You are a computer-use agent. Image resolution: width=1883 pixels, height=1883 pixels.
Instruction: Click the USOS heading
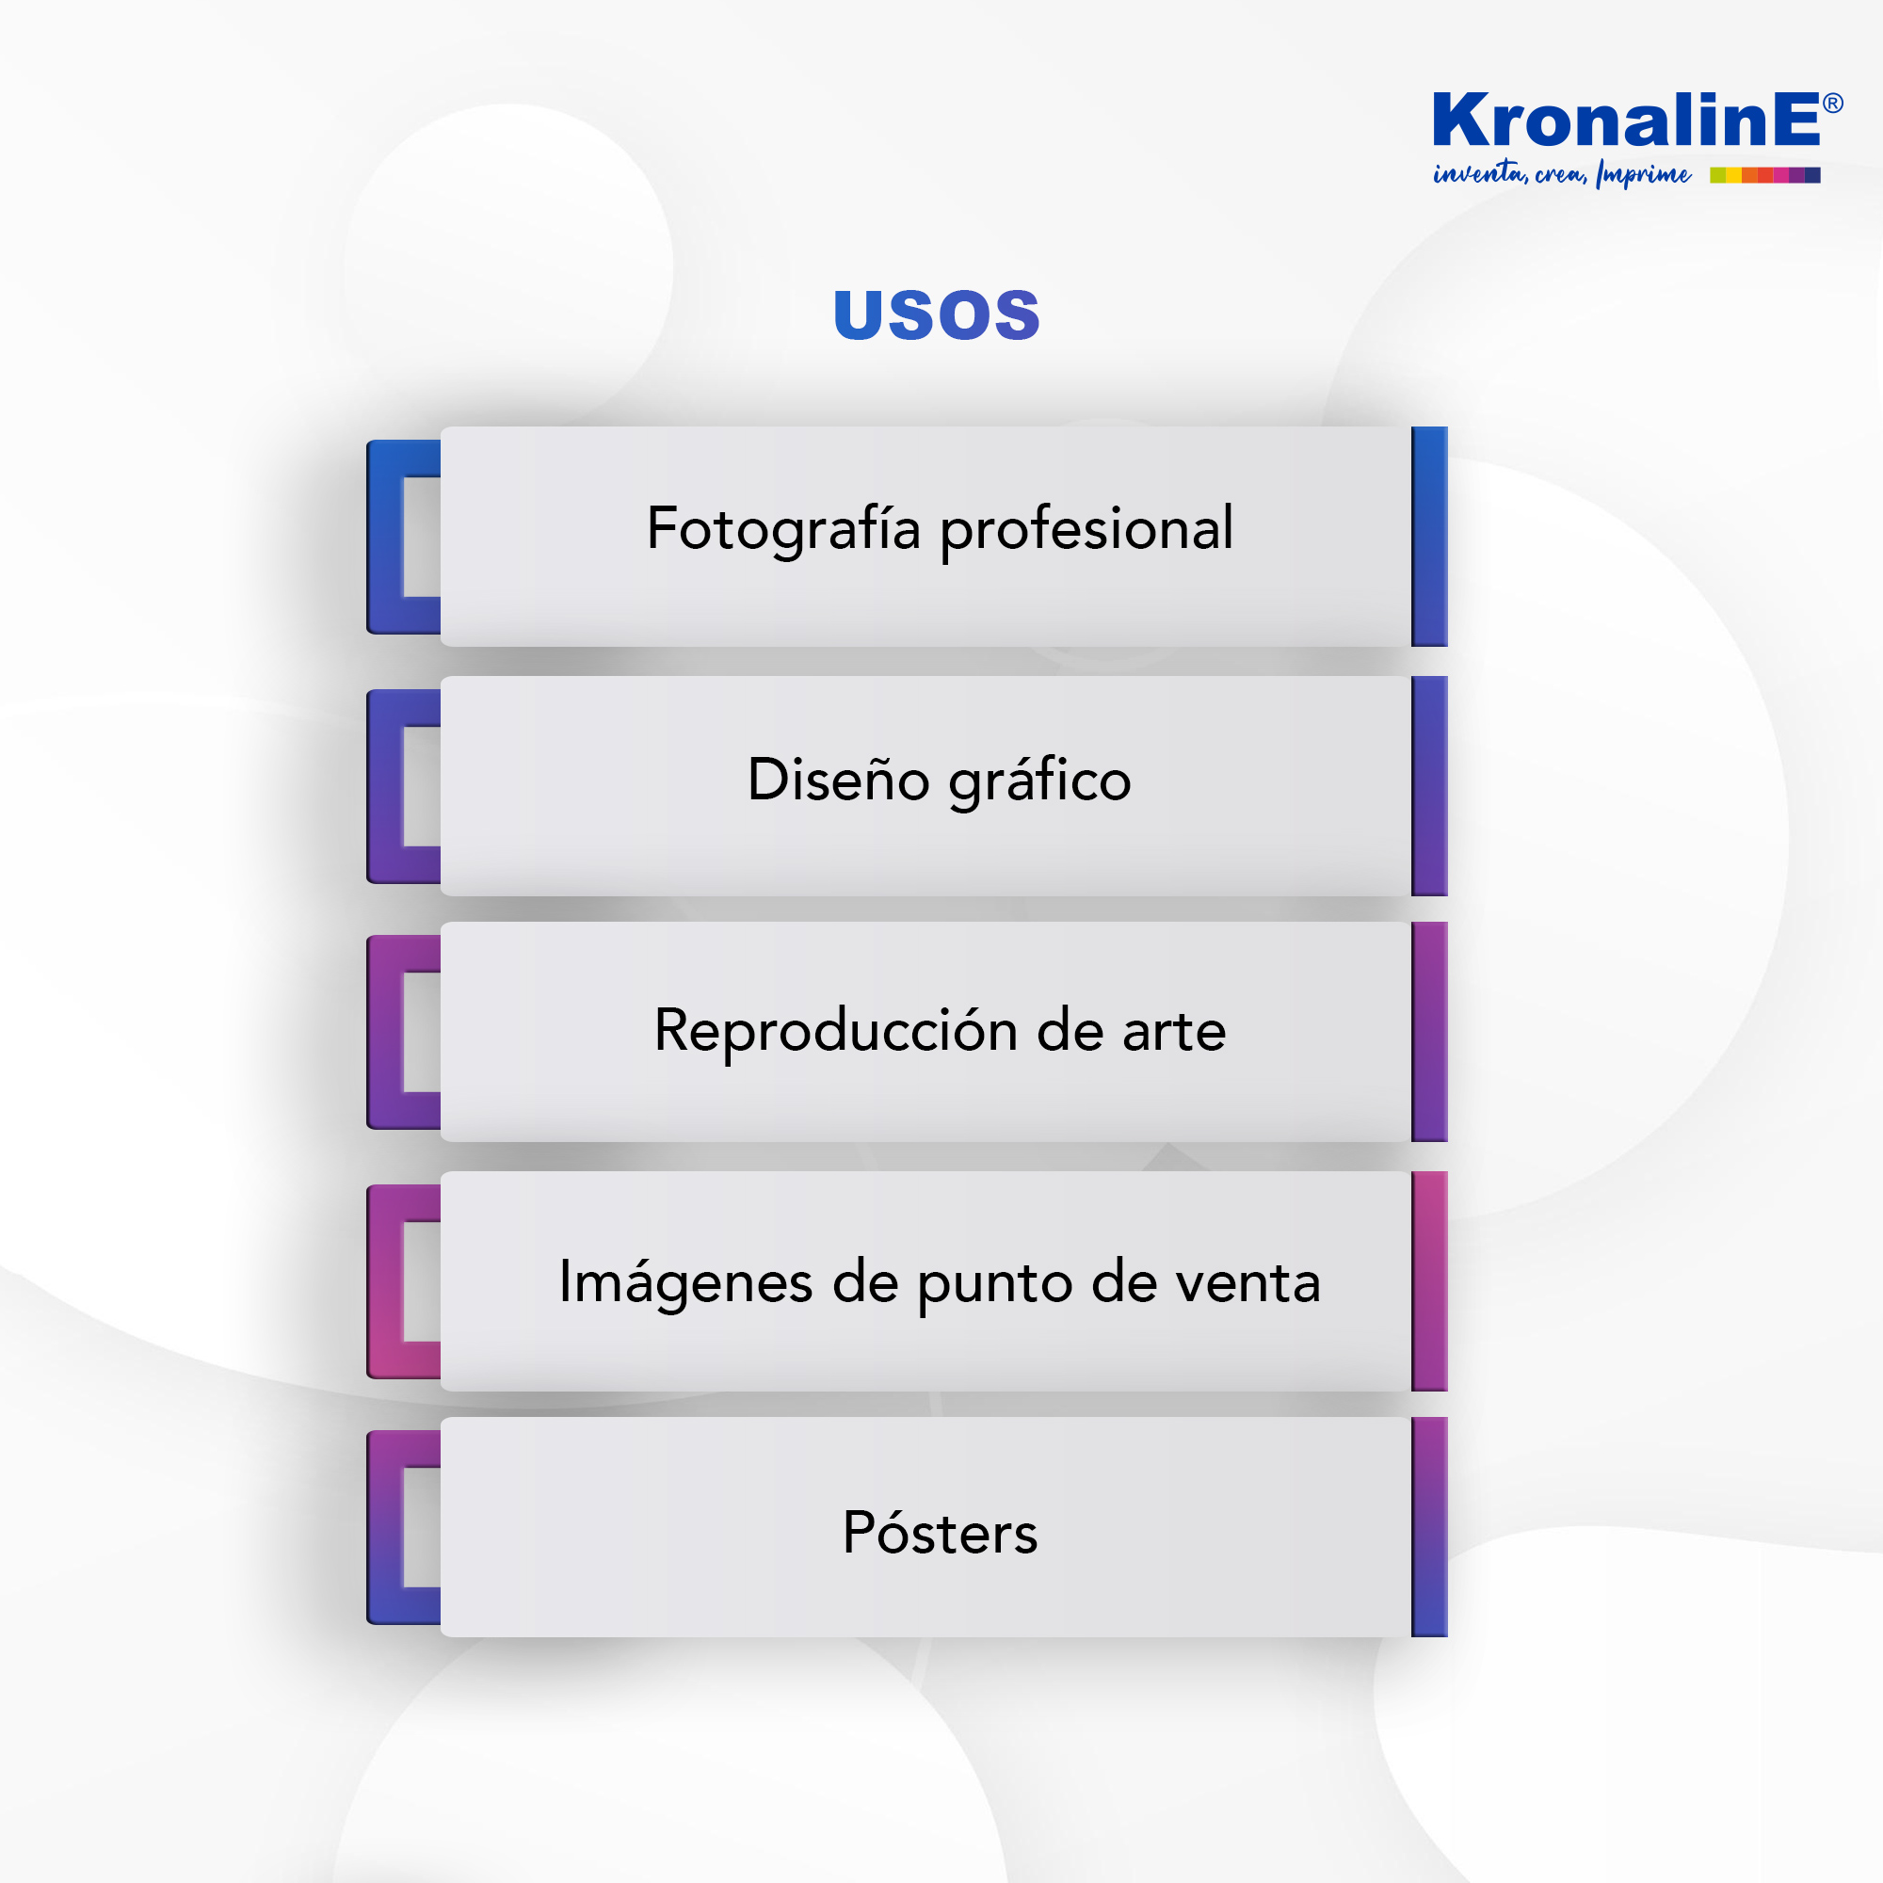point(937,314)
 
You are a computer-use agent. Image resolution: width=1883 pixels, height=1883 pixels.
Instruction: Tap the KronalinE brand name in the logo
point(1626,120)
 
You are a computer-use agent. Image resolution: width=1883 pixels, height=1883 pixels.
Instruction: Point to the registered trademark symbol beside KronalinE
point(1832,104)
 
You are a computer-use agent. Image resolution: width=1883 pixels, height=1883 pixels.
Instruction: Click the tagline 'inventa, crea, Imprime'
point(1561,174)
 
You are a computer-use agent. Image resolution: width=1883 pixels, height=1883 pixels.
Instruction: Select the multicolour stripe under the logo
point(1765,175)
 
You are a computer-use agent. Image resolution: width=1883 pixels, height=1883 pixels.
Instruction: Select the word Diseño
point(838,780)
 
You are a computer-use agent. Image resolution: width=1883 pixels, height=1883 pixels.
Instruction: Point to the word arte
point(1173,1032)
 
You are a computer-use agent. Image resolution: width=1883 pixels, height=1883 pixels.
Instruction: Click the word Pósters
point(941,1533)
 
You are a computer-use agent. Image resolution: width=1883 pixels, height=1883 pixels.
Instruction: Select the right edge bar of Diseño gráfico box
point(1429,785)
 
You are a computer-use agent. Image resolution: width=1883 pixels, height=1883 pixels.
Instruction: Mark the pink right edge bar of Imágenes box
point(1429,1280)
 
